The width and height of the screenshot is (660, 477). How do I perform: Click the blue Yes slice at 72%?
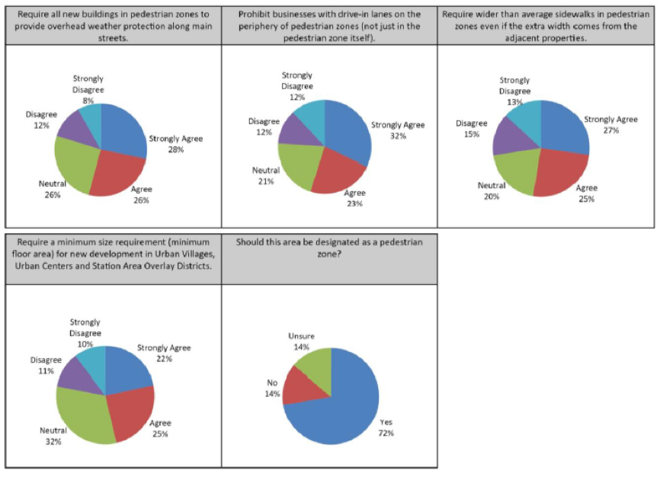[x=343, y=411]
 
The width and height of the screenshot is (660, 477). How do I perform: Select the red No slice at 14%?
[x=302, y=387]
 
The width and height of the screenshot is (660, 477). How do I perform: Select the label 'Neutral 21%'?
[x=266, y=175]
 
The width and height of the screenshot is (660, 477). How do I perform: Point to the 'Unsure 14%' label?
[x=301, y=341]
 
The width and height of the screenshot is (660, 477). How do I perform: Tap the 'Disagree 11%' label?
[x=42, y=365]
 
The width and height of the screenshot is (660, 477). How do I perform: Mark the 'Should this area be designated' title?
[x=329, y=245]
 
